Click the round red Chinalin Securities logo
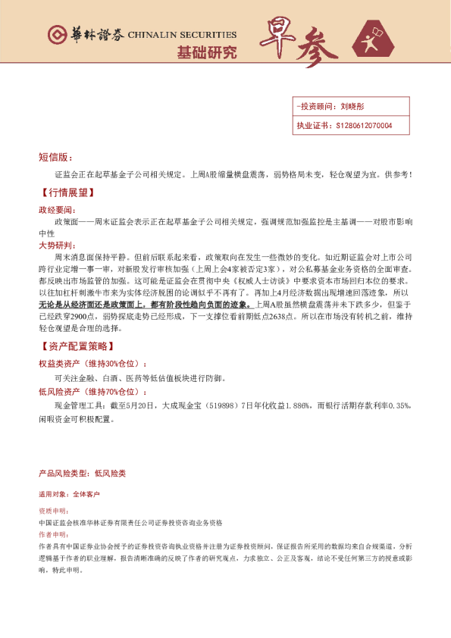point(57,34)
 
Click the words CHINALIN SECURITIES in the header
point(182,35)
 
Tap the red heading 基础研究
point(206,53)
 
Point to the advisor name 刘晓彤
point(352,108)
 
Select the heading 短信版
point(53,158)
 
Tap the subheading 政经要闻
point(56,209)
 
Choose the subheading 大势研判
point(56,246)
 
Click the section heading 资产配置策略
point(77,346)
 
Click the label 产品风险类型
point(63,474)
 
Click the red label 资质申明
point(53,511)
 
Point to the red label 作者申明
point(53,534)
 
